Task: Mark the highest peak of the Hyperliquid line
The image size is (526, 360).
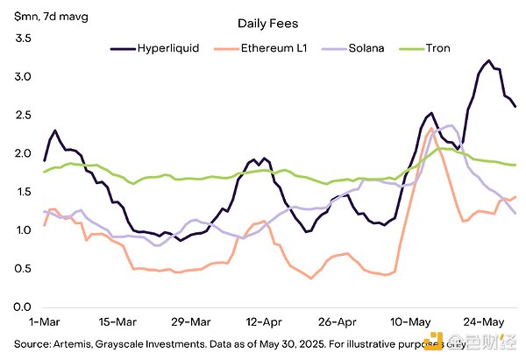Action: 488,60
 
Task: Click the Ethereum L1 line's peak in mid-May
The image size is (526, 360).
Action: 431,130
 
